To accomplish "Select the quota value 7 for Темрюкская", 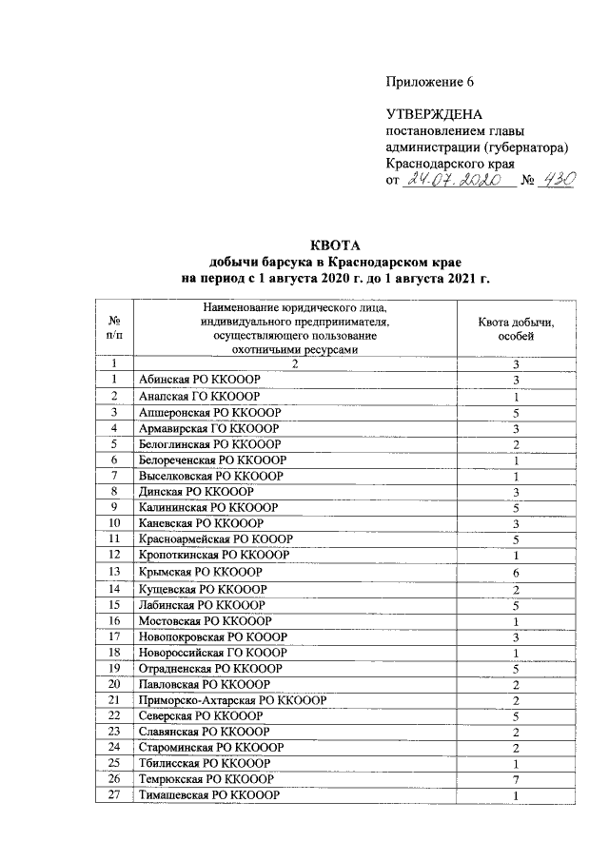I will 515,778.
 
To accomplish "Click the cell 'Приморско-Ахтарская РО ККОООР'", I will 232,699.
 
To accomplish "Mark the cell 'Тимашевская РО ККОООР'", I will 208,794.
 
